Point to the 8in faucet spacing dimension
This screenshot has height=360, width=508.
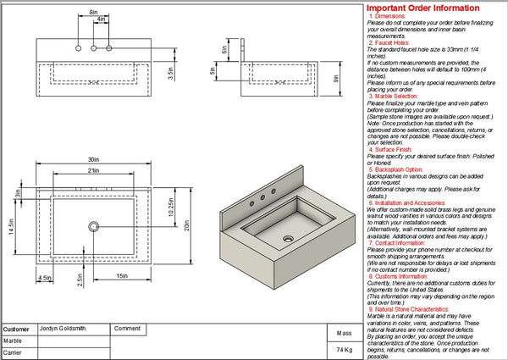pos(92,12)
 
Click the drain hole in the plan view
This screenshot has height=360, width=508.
pos(92,226)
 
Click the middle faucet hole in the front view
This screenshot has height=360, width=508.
pos(93,47)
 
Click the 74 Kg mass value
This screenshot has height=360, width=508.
pos(344,349)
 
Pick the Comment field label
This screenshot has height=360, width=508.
pos(127,328)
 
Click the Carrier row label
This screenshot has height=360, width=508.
pos(13,352)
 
